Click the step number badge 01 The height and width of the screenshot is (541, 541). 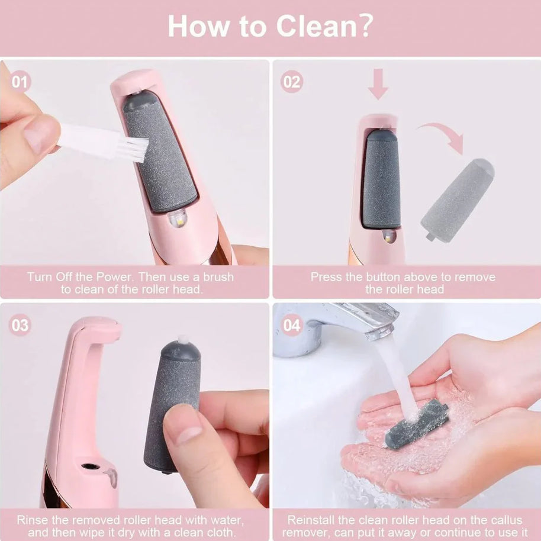[x=20, y=81]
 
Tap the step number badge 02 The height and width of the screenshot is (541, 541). [x=291, y=82]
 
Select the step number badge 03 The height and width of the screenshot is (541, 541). [x=20, y=325]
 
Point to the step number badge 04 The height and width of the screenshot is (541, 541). [x=292, y=325]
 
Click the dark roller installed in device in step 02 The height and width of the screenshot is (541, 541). [x=381, y=179]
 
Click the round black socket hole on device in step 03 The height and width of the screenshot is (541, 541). [x=89, y=466]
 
